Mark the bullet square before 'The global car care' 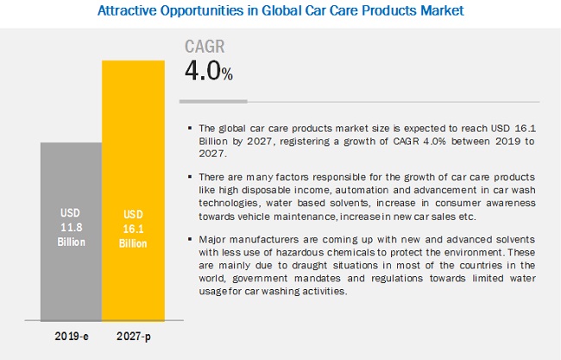(190, 128)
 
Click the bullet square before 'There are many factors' (190, 176)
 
